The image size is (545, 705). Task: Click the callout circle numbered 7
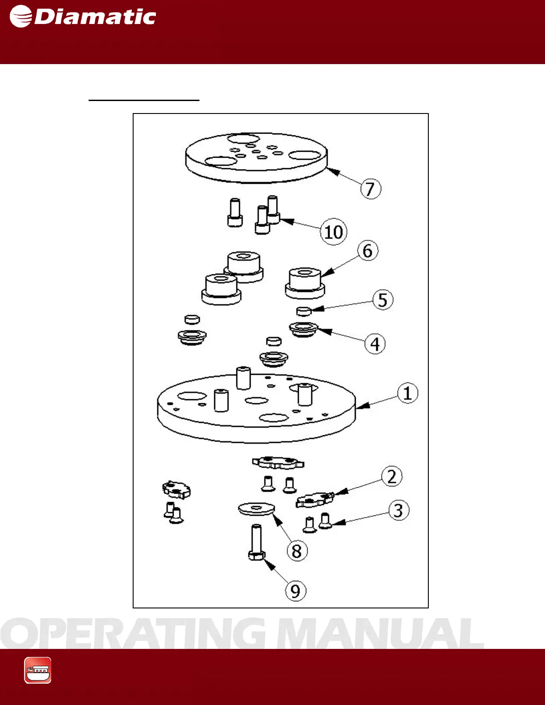(x=370, y=189)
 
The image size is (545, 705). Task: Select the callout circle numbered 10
(x=334, y=231)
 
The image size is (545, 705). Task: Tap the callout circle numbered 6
(x=368, y=251)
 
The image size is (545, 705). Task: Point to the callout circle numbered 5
(x=383, y=300)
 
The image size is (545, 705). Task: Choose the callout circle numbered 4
(x=375, y=344)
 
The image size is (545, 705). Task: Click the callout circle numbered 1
(x=407, y=393)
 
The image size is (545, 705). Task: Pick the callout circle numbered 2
(x=392, y=476)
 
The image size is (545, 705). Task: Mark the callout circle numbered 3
(x=399, y=511)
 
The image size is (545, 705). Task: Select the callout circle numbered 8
(x=297, y=551)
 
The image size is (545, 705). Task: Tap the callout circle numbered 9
(x=296, y=591)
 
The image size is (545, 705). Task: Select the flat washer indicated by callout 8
(x=256, y=509)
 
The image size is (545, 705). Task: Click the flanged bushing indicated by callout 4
(x=304, y=329)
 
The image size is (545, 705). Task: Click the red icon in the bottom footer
(x=38, y=670)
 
